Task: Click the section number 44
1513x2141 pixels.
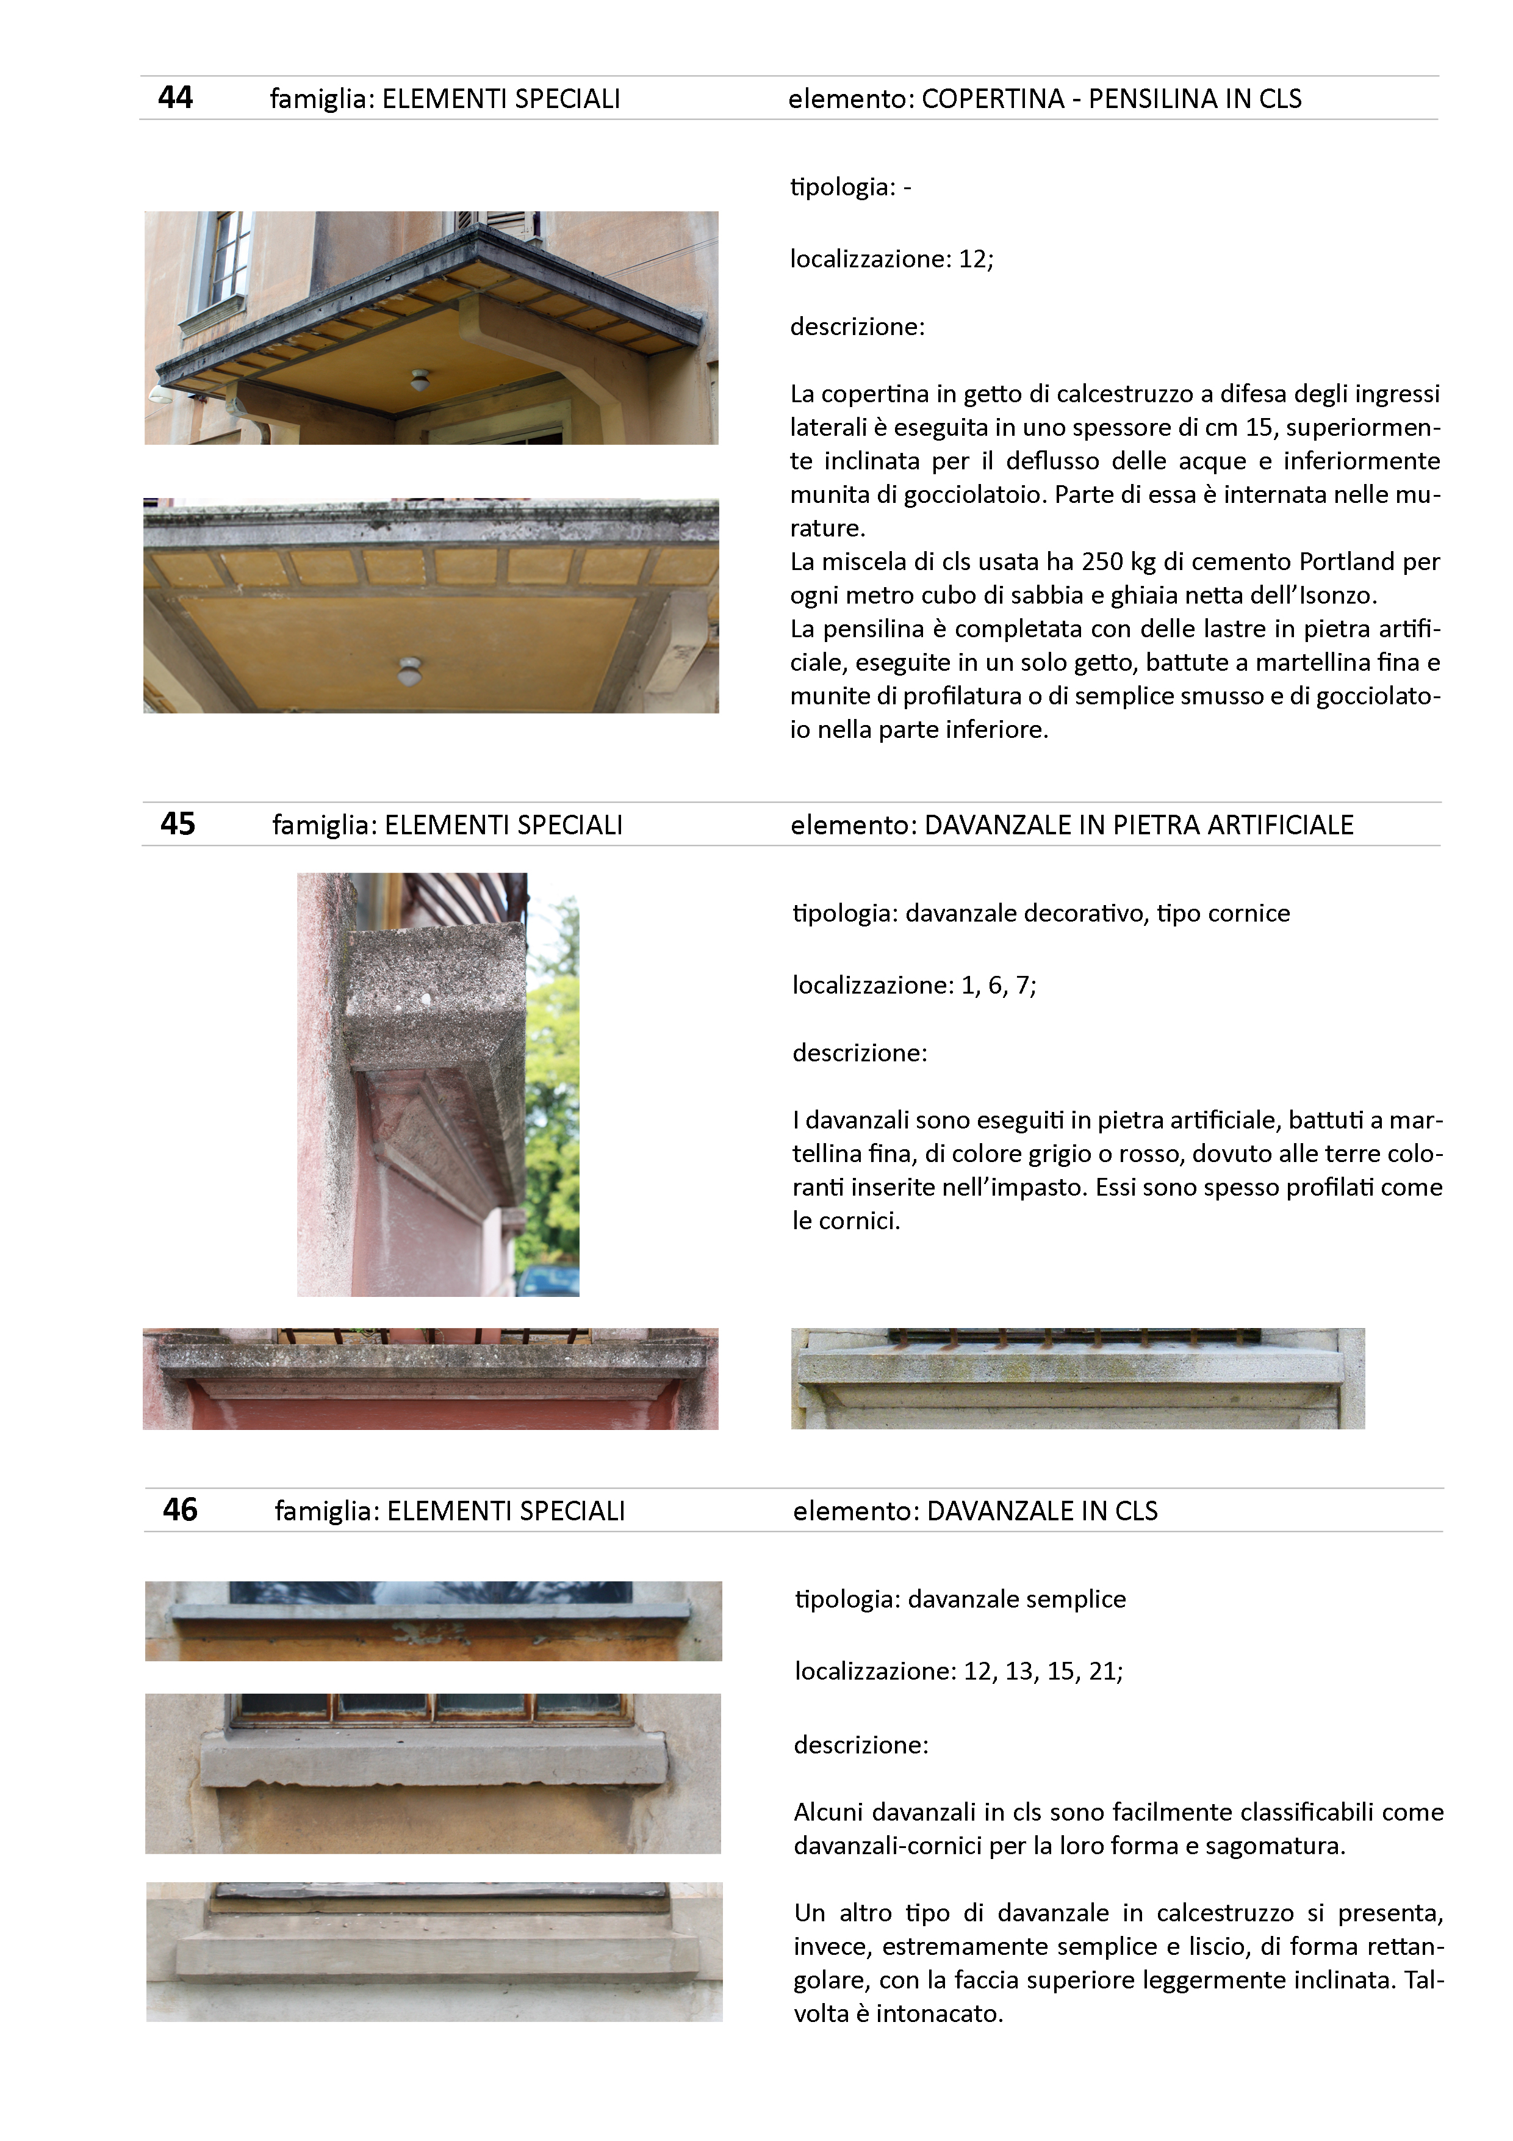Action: coord(175,98)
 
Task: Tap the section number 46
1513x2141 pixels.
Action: coord(180,1510)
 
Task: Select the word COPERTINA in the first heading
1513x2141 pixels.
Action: coord(993,99)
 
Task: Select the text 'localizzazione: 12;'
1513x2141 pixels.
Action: coord(891,259)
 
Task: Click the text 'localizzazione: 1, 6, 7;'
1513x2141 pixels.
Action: coord(913,986)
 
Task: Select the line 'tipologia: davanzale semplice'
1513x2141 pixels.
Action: coord(959,1599)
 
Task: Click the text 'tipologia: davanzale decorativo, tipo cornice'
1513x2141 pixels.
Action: coord(1040,914)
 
